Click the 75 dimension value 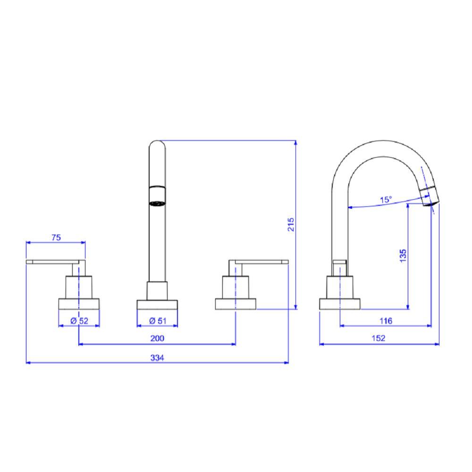(x=56, y=237)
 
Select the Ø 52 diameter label (x=79, y=320)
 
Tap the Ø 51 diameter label (x=157, y=320)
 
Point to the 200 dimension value (x=157, y=338)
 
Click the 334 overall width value (x=157, y=357)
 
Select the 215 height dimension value (x=291, y=224)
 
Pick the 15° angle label (x=386, y=200)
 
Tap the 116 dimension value (x=386, y=321)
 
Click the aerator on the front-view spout (x=157, y=196)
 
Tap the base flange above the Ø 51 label (x=157, y=304)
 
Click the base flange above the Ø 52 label (x=79, y=304)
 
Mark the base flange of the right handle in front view (x=236, y=304)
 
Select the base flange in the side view (x=340, y=304)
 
